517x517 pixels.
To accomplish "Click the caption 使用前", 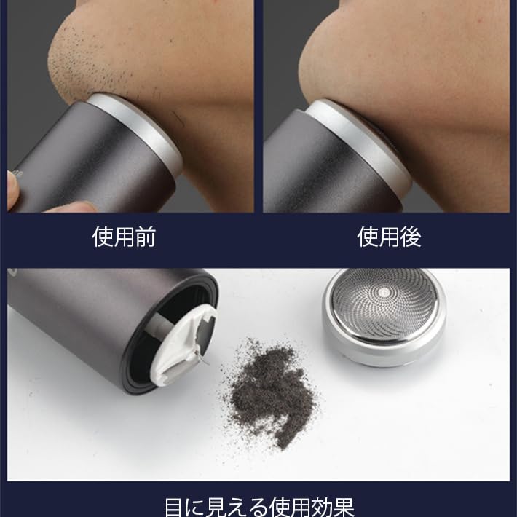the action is click(x=124, y=237).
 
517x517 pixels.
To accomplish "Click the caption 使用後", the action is click(x=389, y=237).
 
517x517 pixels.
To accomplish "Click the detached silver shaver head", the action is click(x=384, y=317).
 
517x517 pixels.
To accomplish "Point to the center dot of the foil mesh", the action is click(x=384, y=291).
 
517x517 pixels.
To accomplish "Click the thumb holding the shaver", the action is click(x=13, y=192).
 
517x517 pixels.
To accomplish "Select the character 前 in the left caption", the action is click(x=146, y=237).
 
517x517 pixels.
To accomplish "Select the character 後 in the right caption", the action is click(x=411, y=237).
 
